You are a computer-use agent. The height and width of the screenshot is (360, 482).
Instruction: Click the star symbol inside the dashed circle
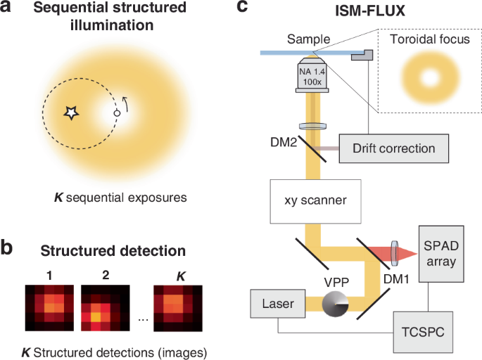(x=71, y=113)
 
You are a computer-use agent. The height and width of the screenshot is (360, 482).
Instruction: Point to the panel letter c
(x=242, y=8)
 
